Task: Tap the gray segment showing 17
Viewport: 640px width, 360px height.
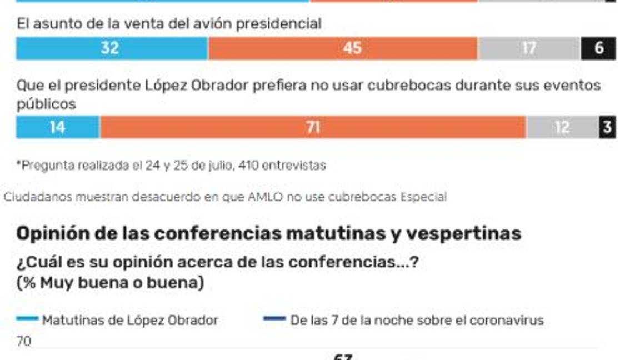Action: (529, 48)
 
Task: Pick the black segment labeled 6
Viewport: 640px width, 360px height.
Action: (598, 48)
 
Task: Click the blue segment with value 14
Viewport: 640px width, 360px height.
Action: (58, 127)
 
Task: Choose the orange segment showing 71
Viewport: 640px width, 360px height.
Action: (313, 127)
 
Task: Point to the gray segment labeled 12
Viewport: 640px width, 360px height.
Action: (562, 127)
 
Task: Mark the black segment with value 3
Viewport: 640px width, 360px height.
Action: (607, 127)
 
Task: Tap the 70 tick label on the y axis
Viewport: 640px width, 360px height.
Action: (24, 342)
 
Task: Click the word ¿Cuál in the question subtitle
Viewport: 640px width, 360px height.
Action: (37, 262)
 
